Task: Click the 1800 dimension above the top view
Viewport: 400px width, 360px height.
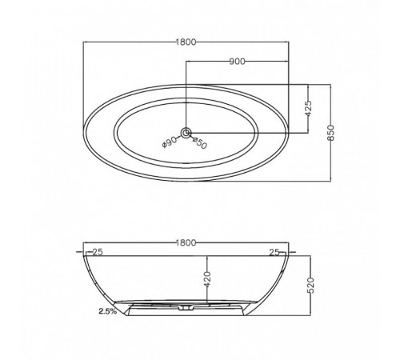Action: click(x=186, y=42)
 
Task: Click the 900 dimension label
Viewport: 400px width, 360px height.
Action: click(x=237, y=62)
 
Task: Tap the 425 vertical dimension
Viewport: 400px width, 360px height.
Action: click(x=308, y=108)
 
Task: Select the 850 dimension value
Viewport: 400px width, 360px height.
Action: click(x=330, y=132)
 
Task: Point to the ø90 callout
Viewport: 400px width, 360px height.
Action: click(x=170, y=142)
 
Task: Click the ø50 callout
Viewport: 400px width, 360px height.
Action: click(x=199, y=143)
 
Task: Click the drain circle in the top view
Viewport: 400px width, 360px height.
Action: click(x=186, y=133)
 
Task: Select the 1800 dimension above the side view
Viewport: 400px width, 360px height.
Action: click(x=186, y=242)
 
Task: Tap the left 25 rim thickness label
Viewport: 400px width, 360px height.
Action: click(x=97, y=252)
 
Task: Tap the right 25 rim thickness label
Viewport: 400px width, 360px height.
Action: click(x=274, y=252)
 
